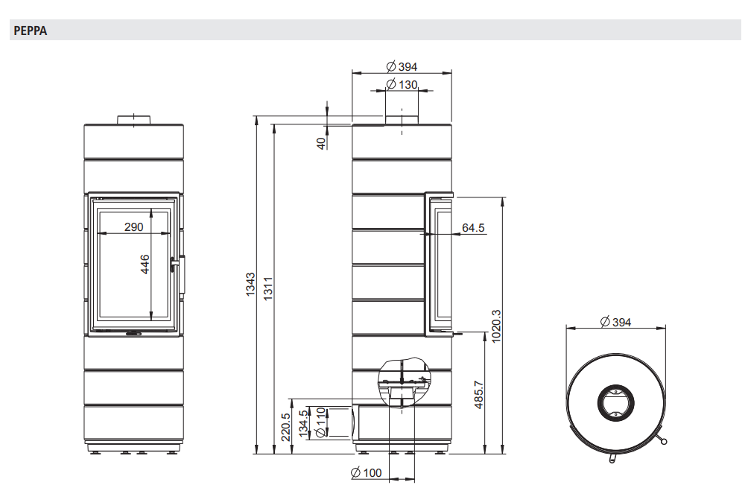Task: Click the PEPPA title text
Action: [x=31, y=31]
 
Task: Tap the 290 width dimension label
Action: [x=133, y=227]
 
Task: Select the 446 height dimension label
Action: [x=145, y=264]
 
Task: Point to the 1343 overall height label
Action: [x=250, y=285]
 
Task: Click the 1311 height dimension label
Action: [x=268, y=288]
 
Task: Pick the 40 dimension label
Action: [x=322, y=143]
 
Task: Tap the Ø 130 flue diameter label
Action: [x=402, y=84]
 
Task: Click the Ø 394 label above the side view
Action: [x=402, y=67]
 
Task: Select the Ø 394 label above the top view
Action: [x=615, y=323]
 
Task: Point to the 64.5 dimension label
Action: [x=473, y=228]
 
